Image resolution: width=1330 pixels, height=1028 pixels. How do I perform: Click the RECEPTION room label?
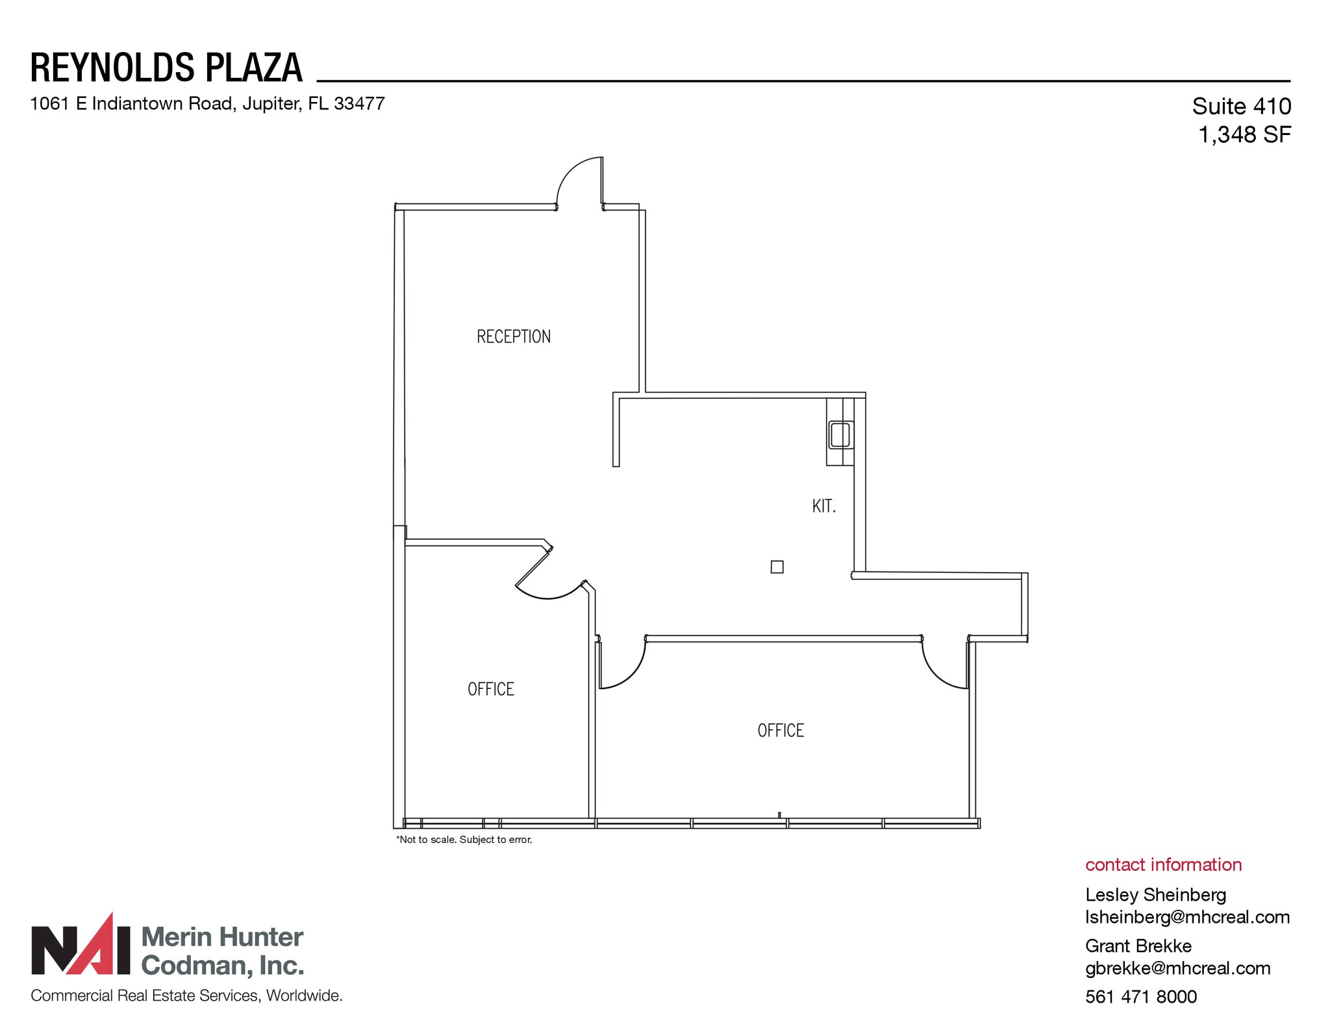tap(513, 336)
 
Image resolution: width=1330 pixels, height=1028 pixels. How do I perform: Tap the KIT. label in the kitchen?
tap(823, 506)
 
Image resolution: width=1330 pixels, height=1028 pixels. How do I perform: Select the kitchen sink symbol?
tap(840, 434)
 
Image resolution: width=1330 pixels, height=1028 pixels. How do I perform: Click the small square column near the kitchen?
tap(777, 567)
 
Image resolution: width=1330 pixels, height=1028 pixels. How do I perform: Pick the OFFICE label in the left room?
tap(490, 689)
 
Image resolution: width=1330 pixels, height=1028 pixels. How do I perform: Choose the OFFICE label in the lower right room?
tap(781, 731)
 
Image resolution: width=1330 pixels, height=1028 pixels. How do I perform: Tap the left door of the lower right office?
tap(621, 666)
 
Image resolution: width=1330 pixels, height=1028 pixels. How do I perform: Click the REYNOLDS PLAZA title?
tap(166, 68)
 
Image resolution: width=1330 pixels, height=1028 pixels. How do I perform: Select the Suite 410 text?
tap(1241, 106)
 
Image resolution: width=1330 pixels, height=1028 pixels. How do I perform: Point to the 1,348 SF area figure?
tap(1244, 134)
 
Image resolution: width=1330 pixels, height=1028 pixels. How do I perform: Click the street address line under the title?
tap(207, 104)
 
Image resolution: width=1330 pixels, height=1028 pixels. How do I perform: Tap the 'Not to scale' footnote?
tap(464, 840)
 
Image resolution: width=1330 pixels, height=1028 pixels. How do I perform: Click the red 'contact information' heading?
tap(1163, 864)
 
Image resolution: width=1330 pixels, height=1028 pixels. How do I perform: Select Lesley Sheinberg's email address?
tap(1187, 917)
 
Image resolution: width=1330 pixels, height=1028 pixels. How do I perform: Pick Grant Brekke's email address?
tap(1177, 968)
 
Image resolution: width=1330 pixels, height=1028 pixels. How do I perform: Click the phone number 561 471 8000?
tap(1140, 996)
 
